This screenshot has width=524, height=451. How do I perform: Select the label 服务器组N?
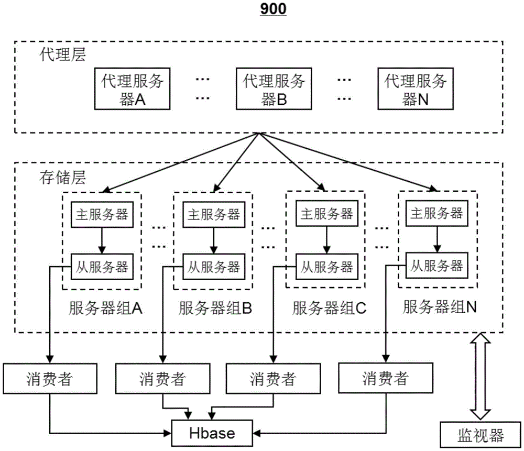[440, 307]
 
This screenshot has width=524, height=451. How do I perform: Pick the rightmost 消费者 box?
[385, 378]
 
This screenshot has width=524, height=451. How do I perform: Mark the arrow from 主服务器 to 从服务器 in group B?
[213, 240]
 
